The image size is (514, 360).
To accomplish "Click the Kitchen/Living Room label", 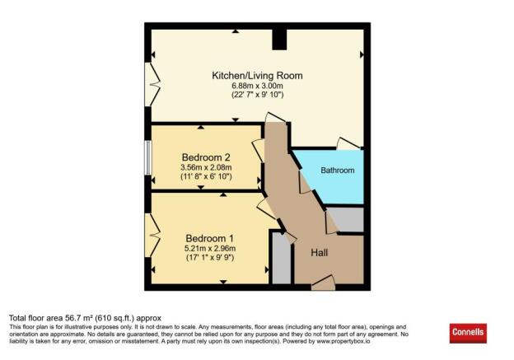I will (x=257, y=76).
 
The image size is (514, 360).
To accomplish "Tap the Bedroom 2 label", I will (x=206, y=157).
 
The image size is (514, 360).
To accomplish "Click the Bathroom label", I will (x=338, y=171).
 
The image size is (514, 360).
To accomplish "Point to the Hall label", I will (x=321, y=253).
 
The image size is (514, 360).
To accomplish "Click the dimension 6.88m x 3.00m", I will (x=257, y=86).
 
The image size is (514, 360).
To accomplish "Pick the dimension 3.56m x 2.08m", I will (x=206, y=167).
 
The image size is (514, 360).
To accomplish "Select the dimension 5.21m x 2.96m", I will (x=210, y=248).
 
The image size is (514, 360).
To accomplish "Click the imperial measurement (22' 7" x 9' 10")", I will (x=257, y=96).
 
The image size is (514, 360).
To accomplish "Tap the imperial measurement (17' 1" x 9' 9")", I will (x=210, y=258).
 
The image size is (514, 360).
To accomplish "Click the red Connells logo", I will (x=468, y=333).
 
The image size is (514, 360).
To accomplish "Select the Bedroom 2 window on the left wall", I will (x=148, y=157).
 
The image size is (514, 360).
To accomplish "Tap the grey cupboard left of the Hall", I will (x=281, y=261).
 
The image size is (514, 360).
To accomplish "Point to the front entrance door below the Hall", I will (x=322, y=285).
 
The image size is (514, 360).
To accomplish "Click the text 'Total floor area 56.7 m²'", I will (x=62, y=317).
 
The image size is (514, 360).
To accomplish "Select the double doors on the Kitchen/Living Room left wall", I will (x=153, y=84).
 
